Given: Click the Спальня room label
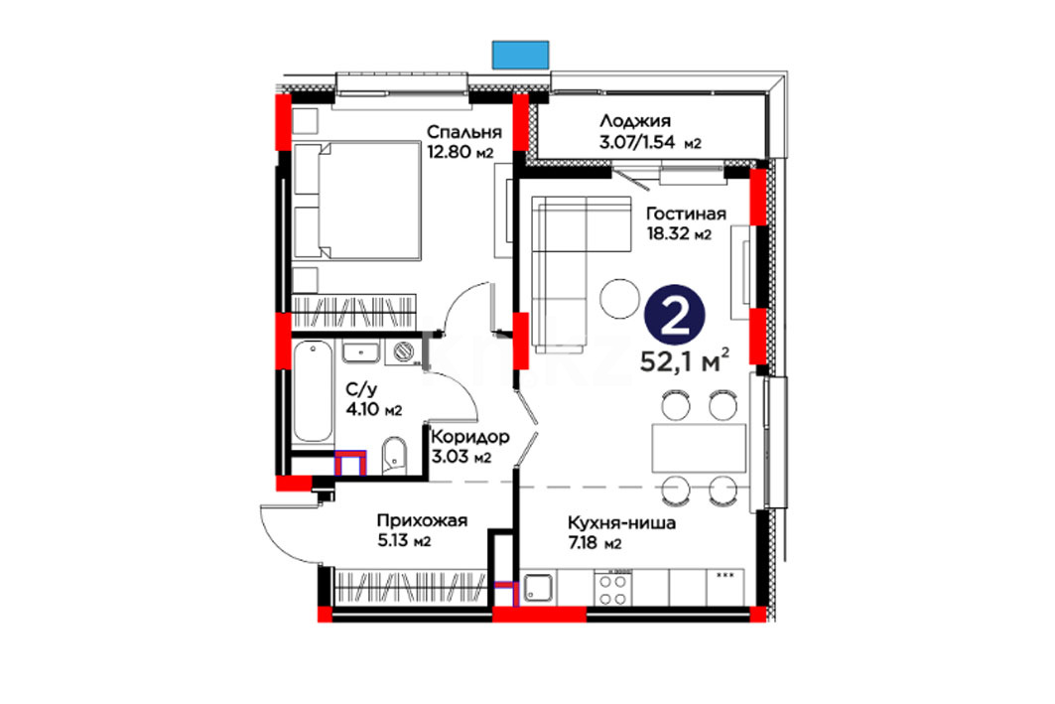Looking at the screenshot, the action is tap(464, 132).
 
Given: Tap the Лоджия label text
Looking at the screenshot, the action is tap(635, 121).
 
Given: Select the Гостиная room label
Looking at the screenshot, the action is tap(686, 214).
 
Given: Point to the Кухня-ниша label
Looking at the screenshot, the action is tap(621, 523).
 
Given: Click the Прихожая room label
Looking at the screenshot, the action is tap(422, 520).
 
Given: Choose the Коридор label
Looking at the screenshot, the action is tap(470, 438).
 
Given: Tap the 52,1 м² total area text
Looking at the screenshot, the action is tap(684, 361).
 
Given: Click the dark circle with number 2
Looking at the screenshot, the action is tap(675, 317).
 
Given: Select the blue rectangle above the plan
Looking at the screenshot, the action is tap(521, 55).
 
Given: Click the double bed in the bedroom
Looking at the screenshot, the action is tap(357, 200).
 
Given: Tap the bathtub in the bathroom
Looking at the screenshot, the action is tap(313, 391).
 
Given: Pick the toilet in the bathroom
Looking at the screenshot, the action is tap(394, 456).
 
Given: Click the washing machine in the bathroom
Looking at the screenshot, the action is tap(404, 352).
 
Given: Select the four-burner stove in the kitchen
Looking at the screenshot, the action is tap(613, 589).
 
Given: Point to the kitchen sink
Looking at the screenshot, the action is tap(538, 588).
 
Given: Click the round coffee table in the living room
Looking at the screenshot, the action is tap(619, 298).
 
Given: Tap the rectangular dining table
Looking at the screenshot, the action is tap(699, 448).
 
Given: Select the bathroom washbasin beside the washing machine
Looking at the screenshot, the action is tap(360, 352).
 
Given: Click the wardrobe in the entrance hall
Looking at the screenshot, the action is tap(411, 587).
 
